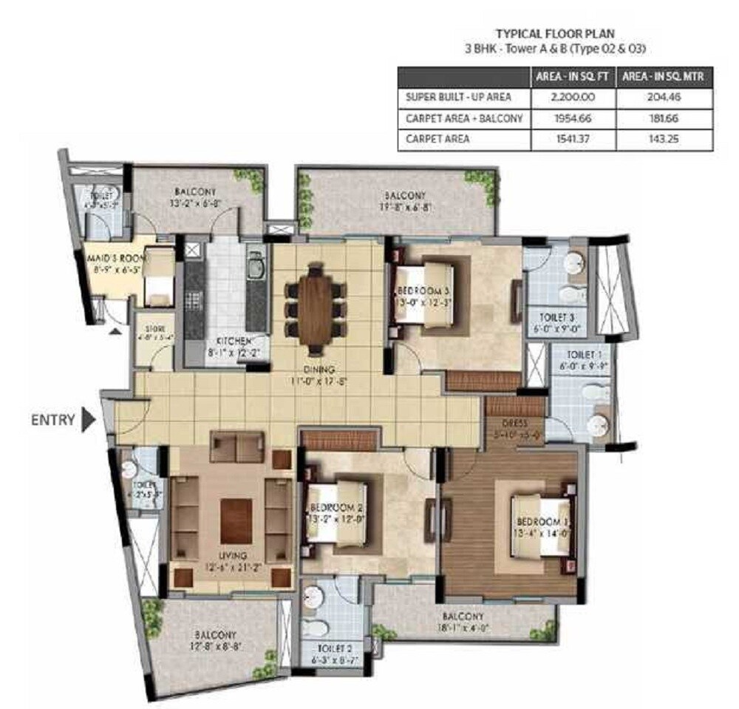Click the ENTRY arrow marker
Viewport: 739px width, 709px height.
[89, 419]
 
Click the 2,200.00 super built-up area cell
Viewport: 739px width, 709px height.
[572, 98]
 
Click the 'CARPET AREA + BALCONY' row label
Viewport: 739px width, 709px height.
[464, 118]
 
